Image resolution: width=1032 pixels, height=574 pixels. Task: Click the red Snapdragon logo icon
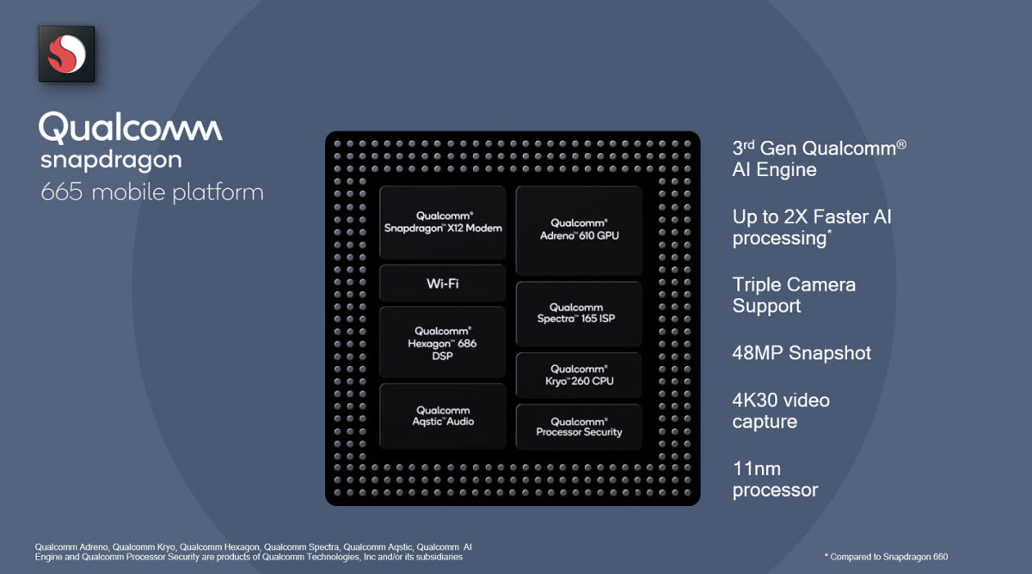point(66,54)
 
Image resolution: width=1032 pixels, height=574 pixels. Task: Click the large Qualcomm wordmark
point(131,127)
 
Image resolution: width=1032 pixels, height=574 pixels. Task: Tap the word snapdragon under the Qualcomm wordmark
point(111,160)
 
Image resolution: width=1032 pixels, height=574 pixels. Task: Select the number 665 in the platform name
point(61,192)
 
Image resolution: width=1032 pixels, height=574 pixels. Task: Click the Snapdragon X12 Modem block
point(442,223)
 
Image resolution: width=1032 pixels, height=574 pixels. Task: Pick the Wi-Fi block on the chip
point(442,284)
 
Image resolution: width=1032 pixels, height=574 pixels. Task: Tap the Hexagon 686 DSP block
point(442,342)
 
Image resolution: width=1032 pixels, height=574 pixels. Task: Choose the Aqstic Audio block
point(442,416)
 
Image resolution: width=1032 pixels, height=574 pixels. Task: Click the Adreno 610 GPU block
point(579,229)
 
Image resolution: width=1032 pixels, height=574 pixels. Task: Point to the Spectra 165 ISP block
point(579,313)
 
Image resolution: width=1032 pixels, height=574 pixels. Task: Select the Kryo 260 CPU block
point(579,375)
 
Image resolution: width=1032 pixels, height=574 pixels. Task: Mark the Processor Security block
point(579,426)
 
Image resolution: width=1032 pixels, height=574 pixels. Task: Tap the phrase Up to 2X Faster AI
point(812,217)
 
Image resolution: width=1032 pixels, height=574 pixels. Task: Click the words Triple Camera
point(794,284)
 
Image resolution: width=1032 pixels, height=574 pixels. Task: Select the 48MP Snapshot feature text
point(802,353)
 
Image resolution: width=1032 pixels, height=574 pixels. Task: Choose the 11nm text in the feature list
point(757,469)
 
